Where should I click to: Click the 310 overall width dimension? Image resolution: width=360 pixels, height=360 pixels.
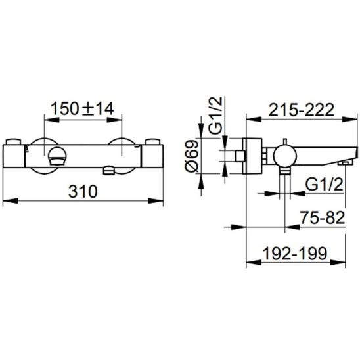coord(83,191)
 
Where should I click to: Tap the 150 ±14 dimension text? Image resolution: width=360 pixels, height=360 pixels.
coord(82,109)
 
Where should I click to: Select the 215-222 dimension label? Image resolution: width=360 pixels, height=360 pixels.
coord(301,110)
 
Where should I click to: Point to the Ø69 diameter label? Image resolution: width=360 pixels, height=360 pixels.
coord(192,156)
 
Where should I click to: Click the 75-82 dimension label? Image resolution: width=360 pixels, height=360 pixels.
coord(323,217)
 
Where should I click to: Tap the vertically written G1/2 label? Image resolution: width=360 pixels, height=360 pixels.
coord(215,115)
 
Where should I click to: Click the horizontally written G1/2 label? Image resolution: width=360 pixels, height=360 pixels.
coord(325,185)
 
